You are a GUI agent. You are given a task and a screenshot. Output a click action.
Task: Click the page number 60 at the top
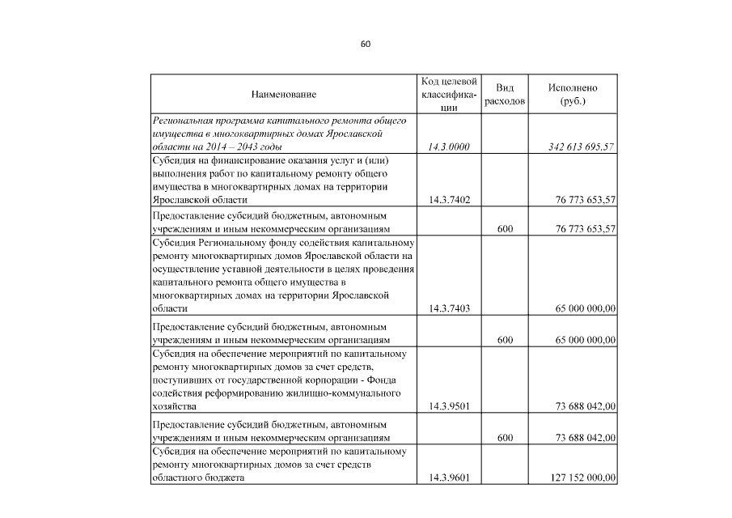click(x=366, y=44)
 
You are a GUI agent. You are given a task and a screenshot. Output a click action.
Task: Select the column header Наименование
click(x=283, y=95)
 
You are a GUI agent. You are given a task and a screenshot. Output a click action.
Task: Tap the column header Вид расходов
click(x=505, y=95)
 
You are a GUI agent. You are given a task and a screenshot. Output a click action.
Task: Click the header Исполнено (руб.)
click(x=573, y=95)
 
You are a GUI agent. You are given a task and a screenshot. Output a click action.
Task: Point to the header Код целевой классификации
click(x=449, y=95)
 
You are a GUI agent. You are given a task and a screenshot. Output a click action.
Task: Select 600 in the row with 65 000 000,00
click(x=505, y=341)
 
